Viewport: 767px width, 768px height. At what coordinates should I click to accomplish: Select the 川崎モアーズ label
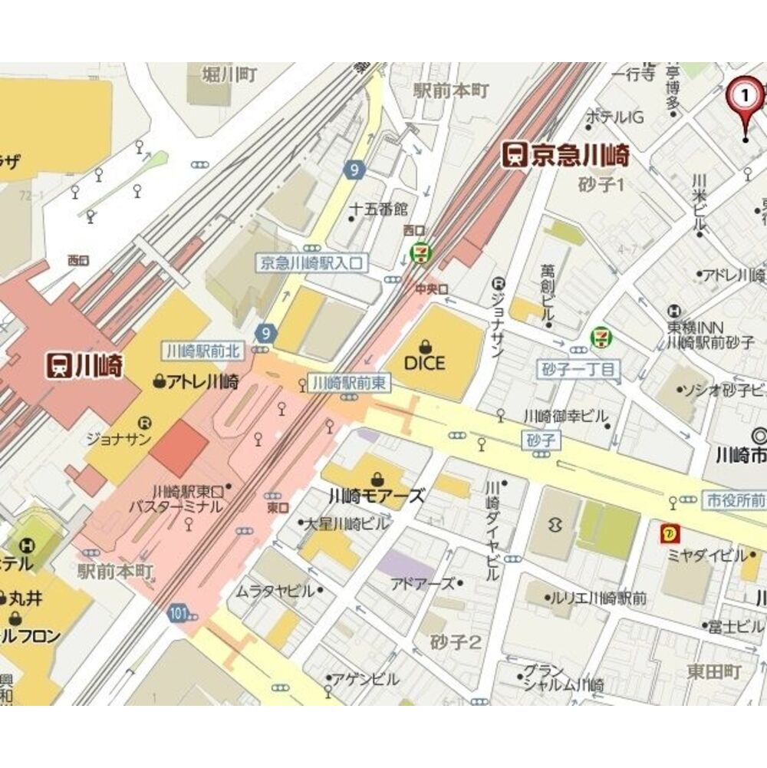[376, 496]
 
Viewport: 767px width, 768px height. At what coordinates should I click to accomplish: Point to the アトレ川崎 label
[196, 381]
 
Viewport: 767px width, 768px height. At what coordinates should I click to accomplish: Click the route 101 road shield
[179, 612]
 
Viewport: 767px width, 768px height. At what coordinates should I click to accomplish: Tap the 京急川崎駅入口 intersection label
[311, 262]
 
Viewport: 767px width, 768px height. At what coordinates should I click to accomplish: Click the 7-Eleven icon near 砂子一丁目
[601, 337]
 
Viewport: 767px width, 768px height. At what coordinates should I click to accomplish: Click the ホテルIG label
[614, 117]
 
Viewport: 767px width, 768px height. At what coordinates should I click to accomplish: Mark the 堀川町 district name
[228, 74]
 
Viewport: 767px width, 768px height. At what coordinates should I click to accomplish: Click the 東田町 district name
[714, 672]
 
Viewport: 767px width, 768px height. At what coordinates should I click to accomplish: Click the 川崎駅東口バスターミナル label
[188, 499]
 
